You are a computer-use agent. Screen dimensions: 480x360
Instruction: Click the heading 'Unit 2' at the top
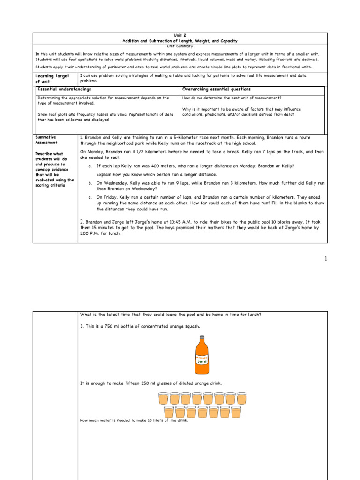click(x=180, y=36)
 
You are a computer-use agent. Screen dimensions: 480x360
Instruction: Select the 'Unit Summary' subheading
click(x=180, y=46)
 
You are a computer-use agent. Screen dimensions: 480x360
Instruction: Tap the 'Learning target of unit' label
click(x=52, y=78)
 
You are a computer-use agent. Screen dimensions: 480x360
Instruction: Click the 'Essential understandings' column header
click(x=64, y=89)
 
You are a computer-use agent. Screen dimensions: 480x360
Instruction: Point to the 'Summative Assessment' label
click(x=46, y=140)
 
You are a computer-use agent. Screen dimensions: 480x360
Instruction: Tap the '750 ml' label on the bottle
click(x=202, y=361)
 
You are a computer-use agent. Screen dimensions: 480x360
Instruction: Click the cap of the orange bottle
click(x=202, y=337)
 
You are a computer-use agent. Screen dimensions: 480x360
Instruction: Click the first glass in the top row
click(x=163, y=398)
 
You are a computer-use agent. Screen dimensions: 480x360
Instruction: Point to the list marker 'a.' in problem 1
click(x=90, y=166)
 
